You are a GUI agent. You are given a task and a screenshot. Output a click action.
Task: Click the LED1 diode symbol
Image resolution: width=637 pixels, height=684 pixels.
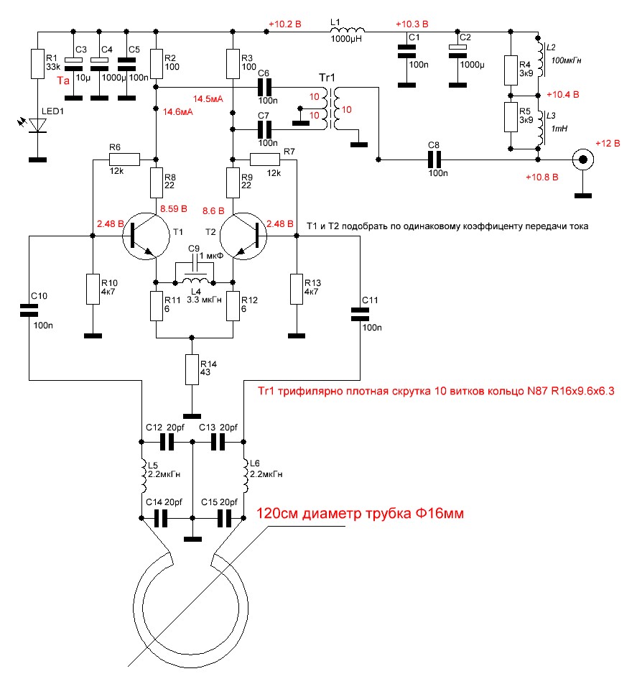point(38,126)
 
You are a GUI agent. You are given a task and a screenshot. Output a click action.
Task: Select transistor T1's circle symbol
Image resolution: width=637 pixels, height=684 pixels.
point(146,236)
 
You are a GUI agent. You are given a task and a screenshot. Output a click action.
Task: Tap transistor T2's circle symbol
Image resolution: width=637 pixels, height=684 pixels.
point(243,236)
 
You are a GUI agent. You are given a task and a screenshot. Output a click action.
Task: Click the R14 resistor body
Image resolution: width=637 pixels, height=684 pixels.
point(192,369)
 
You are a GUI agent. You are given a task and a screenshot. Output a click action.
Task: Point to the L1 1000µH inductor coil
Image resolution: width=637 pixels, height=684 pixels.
point(348,29)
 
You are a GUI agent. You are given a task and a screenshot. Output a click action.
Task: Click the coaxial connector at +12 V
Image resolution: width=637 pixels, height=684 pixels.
point(583,160)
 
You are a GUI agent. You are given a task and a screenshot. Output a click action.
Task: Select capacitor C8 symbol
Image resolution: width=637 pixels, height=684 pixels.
point(434,160)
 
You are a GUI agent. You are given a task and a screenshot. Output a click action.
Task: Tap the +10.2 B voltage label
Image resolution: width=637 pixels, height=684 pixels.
point(285,24)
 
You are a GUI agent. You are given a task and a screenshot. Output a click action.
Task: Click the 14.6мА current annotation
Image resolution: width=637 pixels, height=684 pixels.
point(178,112)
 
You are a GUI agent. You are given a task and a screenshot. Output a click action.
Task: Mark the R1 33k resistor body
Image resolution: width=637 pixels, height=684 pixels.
point(38,64)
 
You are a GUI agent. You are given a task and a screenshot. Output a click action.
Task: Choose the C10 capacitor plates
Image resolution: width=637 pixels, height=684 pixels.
point(29,310)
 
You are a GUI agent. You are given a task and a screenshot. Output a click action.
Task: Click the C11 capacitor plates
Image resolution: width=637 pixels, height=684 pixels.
point(360,315)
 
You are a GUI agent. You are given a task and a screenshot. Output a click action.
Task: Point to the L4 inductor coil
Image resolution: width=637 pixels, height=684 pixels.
point(195,280)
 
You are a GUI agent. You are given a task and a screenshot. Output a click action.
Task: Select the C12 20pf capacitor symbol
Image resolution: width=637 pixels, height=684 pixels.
point(167,442)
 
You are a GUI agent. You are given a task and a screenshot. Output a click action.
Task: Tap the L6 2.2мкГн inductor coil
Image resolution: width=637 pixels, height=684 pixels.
point(246,476)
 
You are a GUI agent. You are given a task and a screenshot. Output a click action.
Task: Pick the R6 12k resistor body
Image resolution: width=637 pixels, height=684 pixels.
point(125,160)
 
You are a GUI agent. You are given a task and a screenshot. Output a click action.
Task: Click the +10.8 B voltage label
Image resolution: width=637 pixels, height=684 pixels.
point(542,177)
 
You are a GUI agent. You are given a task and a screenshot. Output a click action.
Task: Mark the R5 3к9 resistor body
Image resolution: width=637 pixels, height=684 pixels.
point(511,117)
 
